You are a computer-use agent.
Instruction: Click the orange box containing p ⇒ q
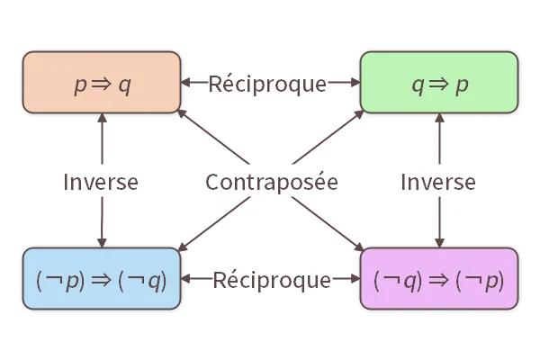[x=102, y=83]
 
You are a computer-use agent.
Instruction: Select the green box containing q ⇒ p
[x=439, y=83]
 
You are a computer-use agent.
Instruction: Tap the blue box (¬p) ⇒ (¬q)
[x=102, y=279]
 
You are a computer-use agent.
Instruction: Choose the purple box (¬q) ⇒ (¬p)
[x=439, y=279]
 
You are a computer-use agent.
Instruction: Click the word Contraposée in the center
[x=271, y=182]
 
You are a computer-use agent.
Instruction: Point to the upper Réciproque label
[x=267, y=84]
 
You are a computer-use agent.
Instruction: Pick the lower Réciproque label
[x=272, y=280]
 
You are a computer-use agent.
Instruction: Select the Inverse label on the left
[x=101, y=182]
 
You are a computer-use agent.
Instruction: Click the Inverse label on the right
[x=438, y=182]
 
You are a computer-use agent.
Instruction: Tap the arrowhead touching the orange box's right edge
[x=186, y=84]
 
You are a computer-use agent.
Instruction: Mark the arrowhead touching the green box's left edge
[x=355, y=84]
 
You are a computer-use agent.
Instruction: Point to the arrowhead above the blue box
[x=102, y=242]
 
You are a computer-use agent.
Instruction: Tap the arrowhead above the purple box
[x=439, y=242]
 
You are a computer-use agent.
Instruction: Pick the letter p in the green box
[x=463, y=85]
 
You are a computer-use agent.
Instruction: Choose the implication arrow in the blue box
[x=101, y=280]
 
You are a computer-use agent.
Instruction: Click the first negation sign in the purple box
[x=391, y=281]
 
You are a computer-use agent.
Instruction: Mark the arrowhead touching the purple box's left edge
[x=355, y=280]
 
